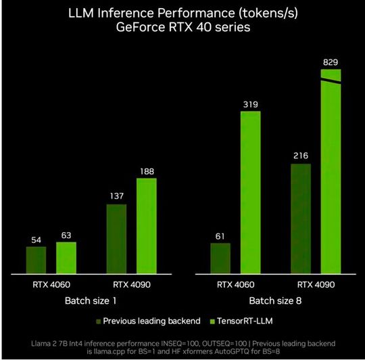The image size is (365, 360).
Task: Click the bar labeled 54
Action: click(x=36, y=260)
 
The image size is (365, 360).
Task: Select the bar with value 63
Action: click(x=66, y=258)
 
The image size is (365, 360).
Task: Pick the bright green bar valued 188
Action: click(x=146, y=226)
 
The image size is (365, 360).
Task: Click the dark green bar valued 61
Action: click(x=220, y=258)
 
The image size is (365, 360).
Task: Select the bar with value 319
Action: click(x=250, y=192)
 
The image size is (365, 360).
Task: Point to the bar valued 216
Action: click(x=301, y=219)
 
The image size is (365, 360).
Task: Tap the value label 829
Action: click(x=331, y=62)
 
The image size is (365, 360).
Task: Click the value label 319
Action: click(x=250, y=105)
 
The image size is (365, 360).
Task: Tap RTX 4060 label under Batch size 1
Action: click(x=51, y=284)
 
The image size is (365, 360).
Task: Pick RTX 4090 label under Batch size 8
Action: click(x=316, y=284)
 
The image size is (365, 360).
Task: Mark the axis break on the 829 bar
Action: click(x=331, y=81)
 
